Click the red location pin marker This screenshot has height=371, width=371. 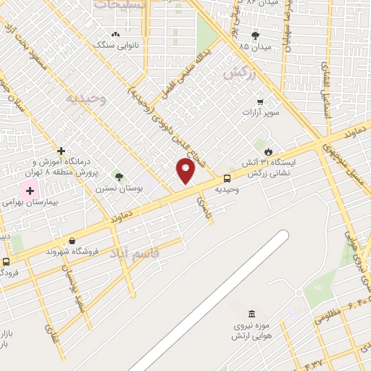tap(186, 171)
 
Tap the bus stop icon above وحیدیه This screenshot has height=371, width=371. tap(228, 178)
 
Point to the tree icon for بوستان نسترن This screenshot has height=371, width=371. tap(119, 176)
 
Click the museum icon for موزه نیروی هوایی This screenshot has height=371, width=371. tap(251, 314)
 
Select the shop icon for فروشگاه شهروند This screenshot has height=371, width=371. tap(71, 241)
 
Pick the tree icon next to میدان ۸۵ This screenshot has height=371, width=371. tap(254, 35)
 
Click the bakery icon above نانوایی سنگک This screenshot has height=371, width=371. tap(114, 34)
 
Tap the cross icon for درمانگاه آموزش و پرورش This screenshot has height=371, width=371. tap(62, 151)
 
